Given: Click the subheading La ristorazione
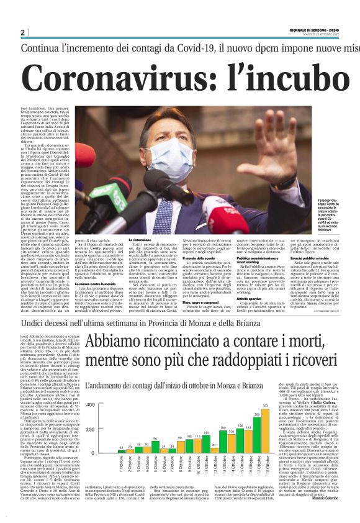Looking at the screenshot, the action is (x=140, y=240).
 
